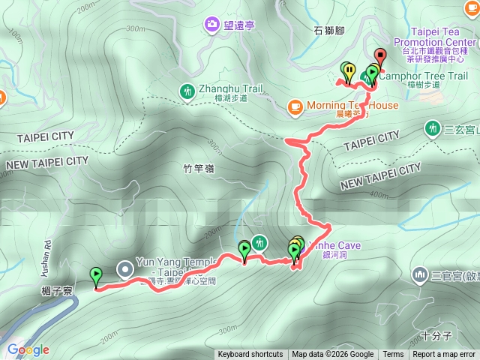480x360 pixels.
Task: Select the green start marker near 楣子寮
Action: (x=95, y=276)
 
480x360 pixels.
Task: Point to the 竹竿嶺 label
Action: (x=198, y=169)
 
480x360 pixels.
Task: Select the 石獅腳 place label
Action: (x=329, y=31)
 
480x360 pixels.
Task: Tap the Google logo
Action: (x=28, y=349)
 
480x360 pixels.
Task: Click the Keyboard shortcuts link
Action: (x=250, y=355)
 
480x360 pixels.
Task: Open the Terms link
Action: (x=393, y=355)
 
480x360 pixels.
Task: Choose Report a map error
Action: (x=444, y=355)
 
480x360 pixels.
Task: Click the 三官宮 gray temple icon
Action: (x=418, y=275)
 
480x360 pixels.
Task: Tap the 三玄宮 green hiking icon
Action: (x=432, y=128)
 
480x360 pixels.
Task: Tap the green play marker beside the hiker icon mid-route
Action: (x=244, y=249)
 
